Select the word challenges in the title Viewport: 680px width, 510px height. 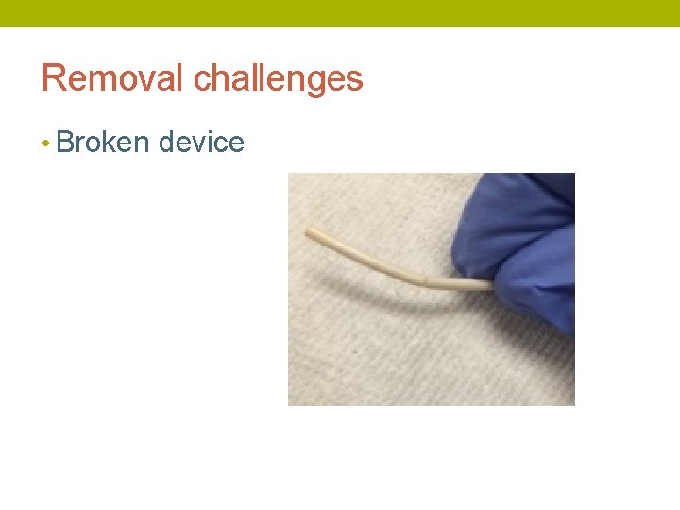[x=278, y=79]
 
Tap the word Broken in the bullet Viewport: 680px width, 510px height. [x=103, y=143]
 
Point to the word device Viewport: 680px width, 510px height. [x=201, y=143]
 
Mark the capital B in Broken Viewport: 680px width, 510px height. [x=65, y=143]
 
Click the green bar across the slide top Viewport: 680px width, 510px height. [x=340, y=13]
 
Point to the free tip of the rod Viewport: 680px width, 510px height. [x=310, y=230]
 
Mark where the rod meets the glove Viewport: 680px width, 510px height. [x=489, y=281]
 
